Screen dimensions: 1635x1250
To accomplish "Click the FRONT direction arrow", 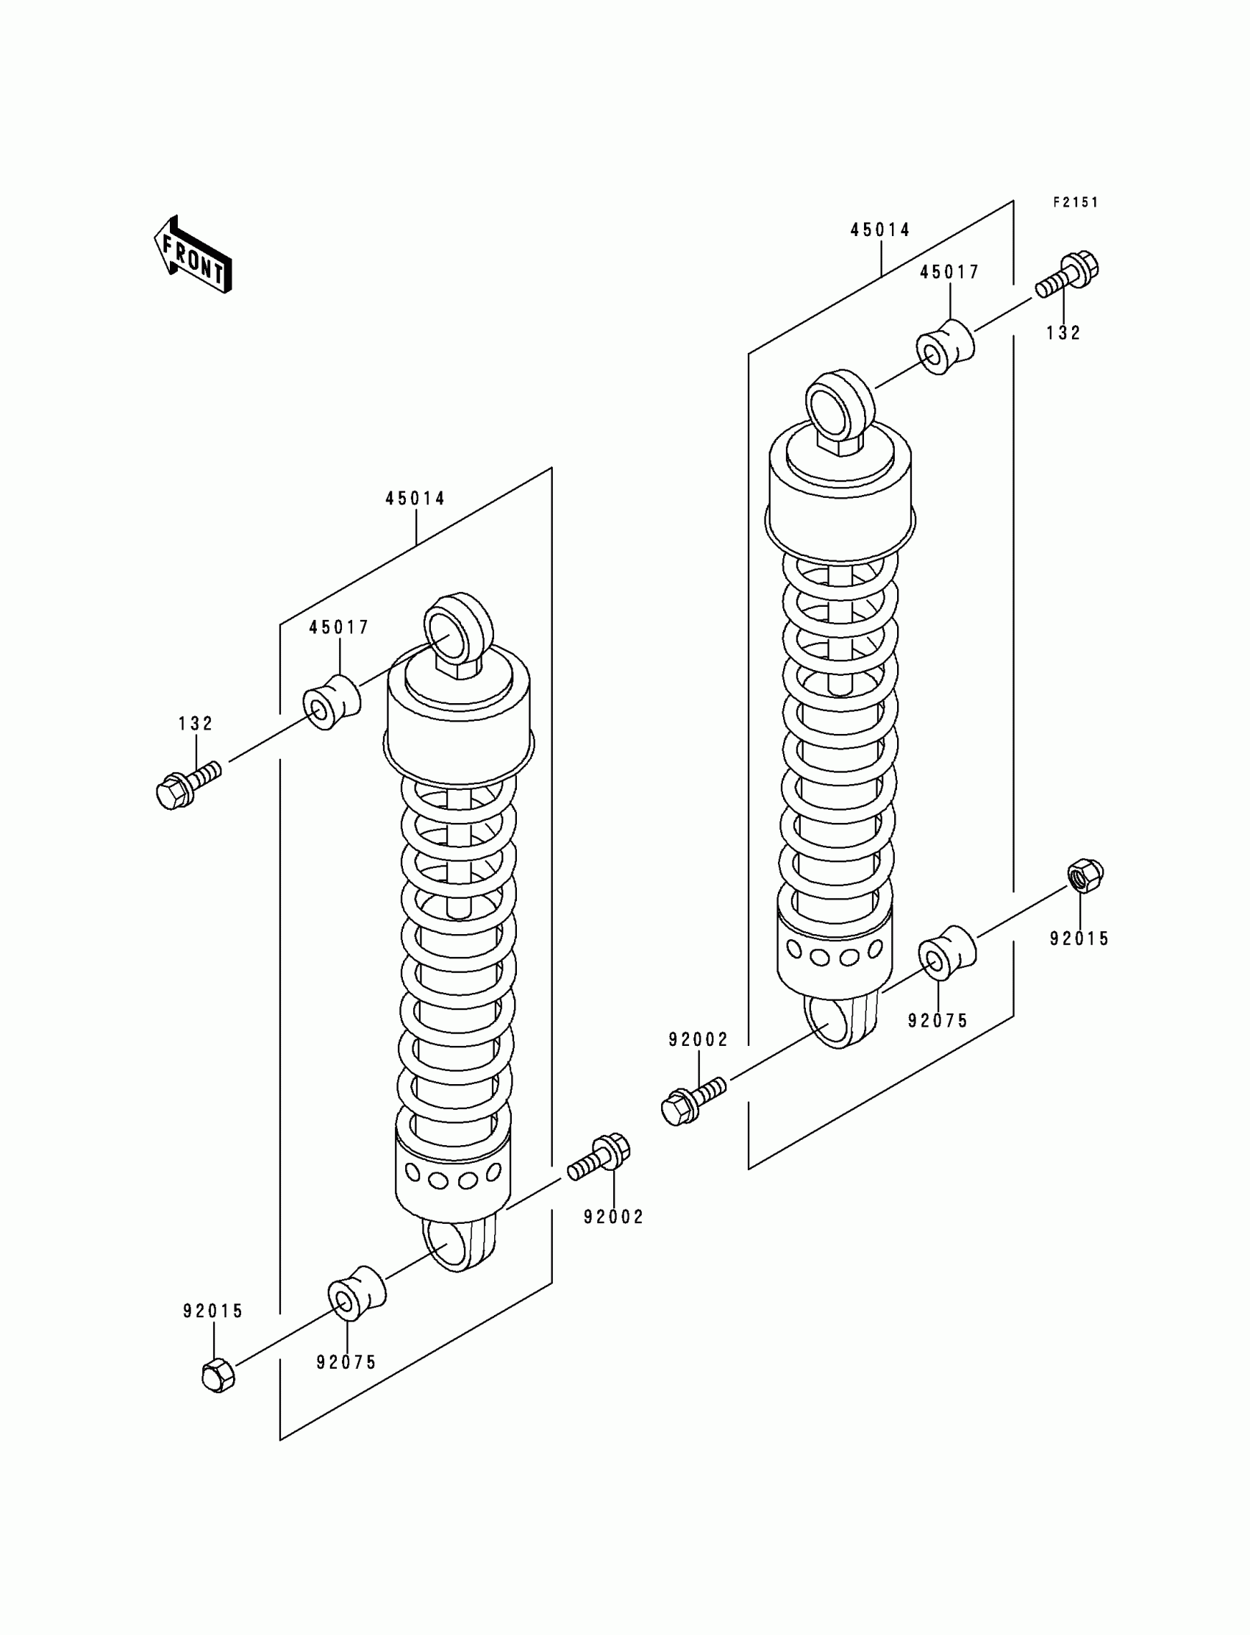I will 193,254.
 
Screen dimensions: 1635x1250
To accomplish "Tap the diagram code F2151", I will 1075,202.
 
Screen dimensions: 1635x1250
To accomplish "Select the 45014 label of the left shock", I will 415,499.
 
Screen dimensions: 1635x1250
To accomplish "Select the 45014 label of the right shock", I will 880,231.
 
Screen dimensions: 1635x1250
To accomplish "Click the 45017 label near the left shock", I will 339,627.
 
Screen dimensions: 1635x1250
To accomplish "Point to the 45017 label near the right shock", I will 949,273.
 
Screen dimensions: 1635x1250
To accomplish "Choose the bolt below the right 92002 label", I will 692,1104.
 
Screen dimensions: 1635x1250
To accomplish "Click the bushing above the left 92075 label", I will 357,1293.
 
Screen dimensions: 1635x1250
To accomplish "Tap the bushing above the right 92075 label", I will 946,951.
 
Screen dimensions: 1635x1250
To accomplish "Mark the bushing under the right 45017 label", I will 943,348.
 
